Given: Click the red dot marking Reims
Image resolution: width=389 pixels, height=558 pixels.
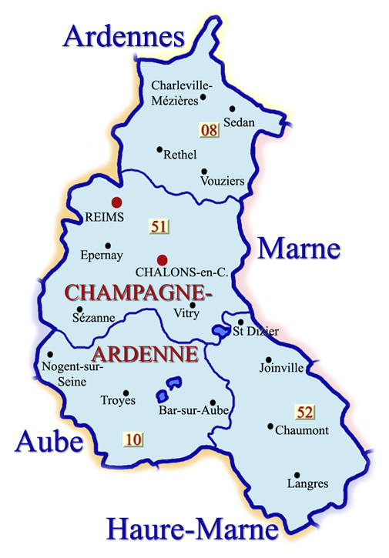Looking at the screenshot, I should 116,202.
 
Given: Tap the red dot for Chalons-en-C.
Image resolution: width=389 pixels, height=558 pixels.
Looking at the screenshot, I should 162,260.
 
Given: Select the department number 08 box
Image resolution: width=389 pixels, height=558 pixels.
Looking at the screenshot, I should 209,130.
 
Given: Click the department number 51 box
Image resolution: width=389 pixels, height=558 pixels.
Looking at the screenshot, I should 159,226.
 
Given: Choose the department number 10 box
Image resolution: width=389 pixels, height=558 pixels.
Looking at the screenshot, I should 132,439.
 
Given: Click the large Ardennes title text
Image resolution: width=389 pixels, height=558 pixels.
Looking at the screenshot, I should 124,36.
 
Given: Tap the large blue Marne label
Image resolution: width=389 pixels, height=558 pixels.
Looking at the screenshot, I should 298,249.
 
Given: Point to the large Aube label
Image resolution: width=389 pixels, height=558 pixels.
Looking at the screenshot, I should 48,443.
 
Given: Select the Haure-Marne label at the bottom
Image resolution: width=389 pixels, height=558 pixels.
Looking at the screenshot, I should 192,530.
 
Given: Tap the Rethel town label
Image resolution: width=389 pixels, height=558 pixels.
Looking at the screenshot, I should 180,155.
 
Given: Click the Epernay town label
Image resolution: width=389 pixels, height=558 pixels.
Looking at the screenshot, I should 102,256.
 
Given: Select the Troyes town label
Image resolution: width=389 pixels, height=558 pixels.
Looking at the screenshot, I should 118,400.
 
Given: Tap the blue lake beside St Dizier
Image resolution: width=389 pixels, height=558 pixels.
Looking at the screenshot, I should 220,330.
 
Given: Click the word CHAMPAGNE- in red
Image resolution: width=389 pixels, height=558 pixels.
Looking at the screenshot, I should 138,293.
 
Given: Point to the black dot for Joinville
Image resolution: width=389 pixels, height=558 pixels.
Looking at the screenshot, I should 268,359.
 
